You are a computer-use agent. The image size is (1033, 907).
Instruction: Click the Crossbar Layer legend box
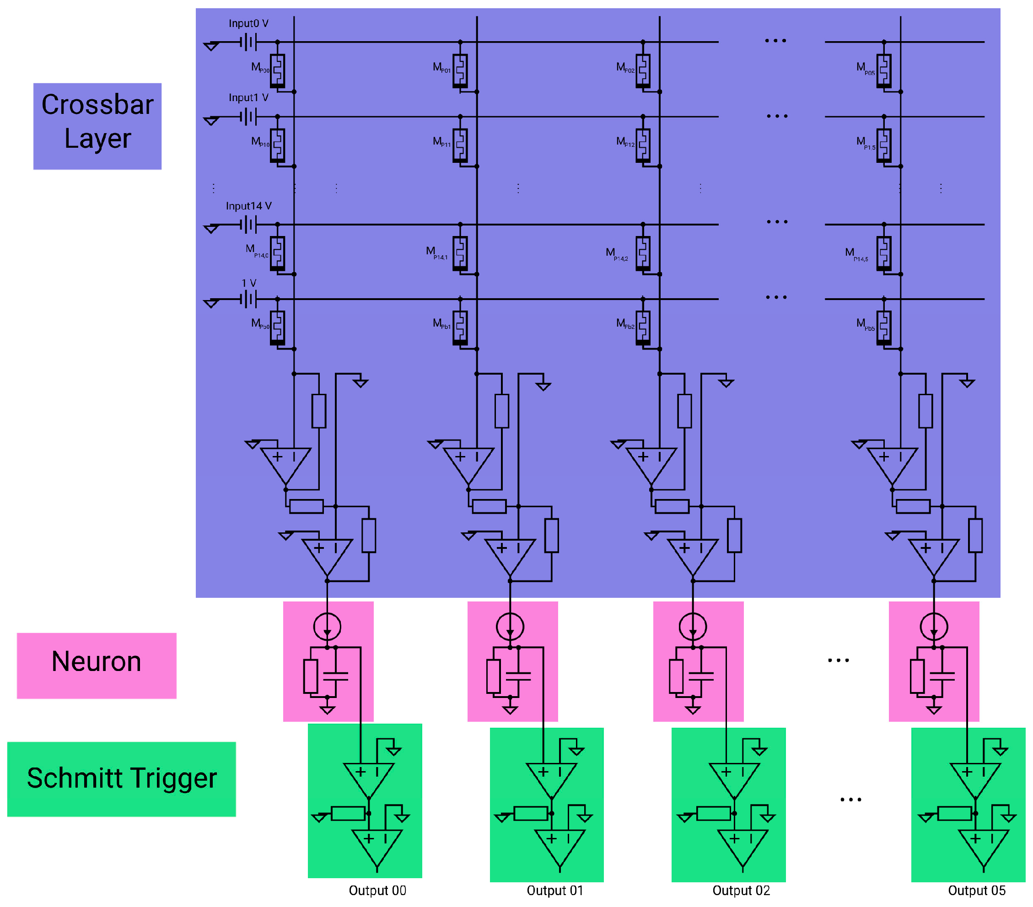pos(97,126)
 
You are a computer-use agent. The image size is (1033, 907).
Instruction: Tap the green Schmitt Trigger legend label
pos(121,778)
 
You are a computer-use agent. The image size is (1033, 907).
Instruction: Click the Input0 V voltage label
pos(248,23)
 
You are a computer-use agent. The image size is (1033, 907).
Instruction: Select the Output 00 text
pos(377,891)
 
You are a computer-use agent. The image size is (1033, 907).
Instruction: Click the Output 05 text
pos(976,891)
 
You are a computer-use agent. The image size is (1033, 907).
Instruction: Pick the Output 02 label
pos(741,891)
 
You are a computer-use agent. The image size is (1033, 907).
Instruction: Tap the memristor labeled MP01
pos(460,70)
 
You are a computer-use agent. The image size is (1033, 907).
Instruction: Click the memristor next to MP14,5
pos(883,252)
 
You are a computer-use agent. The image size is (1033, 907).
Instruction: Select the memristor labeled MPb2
pos(642,327)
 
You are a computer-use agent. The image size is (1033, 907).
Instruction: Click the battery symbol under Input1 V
pos(248,117)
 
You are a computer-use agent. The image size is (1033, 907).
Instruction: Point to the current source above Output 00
pos(327,627)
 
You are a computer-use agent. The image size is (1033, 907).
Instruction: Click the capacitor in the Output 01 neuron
pos(518,676)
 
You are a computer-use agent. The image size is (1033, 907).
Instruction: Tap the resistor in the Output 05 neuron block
pos(917,676)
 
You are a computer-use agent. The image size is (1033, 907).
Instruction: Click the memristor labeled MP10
pos(277,145)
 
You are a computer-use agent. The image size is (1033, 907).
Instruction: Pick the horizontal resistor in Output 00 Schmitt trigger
pos(348,814)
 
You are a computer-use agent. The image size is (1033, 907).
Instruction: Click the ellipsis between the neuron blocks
pos(838,660)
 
